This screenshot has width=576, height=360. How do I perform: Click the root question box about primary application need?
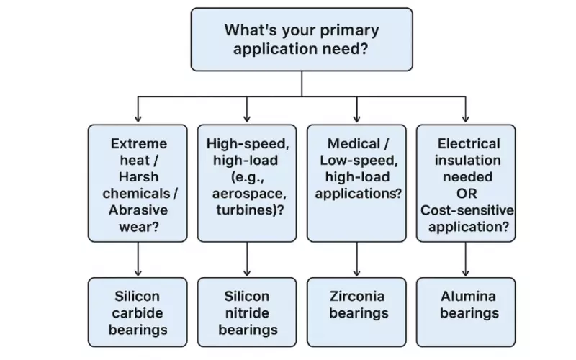point(302,39)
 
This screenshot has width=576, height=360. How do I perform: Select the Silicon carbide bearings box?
point(138,312)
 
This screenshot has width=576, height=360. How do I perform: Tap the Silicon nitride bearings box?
point(247,312)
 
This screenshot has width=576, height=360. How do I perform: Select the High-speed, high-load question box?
point(247,183)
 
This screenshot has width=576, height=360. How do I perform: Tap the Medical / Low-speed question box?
point(357,183)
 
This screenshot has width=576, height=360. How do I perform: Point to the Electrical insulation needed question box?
point(467,183)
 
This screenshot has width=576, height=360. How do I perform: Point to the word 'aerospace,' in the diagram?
point(247,193)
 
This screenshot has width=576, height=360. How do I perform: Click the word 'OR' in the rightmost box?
point(467,193)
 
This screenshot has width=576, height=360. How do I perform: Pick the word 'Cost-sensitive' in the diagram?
point(467,210)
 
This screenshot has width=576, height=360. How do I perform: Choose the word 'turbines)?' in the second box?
point(247,210)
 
